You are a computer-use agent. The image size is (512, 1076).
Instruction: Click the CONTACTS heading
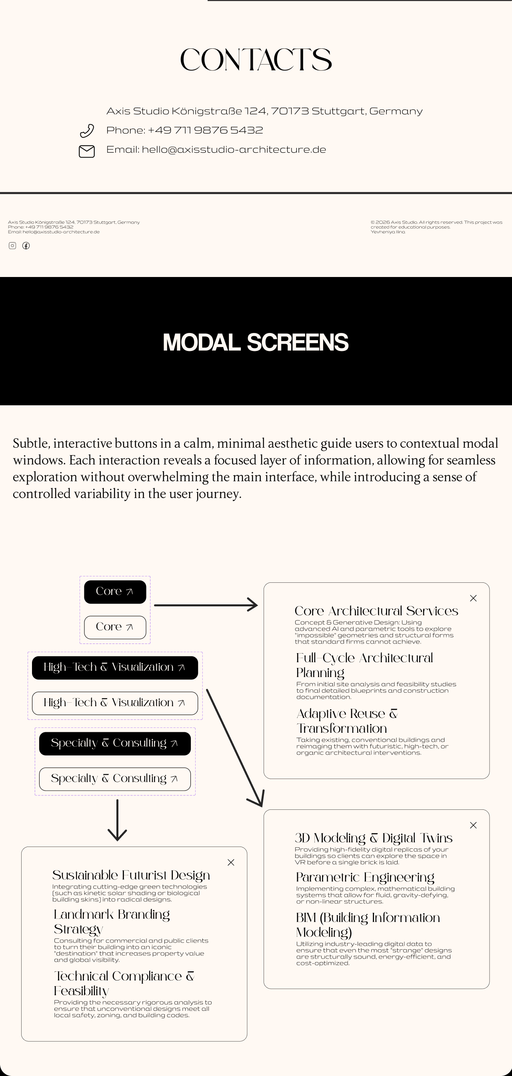[256, 60]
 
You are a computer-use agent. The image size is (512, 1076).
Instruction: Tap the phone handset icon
[87, 131]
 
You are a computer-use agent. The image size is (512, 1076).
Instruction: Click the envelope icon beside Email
[87, 151]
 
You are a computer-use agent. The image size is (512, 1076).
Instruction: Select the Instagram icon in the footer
[12, 245]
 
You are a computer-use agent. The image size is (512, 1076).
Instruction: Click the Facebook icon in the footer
[26, 245]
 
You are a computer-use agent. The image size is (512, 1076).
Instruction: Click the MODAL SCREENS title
[255, 342]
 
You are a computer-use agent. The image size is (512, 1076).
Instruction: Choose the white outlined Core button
[115, 627]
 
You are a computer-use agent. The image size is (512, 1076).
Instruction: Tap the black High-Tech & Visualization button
[115, 668]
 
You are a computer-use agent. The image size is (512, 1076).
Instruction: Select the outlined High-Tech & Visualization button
[115, 703]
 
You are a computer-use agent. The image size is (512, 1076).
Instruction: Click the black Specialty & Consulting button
[115, 743]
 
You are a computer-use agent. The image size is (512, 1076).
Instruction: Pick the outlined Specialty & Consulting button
[115, 779]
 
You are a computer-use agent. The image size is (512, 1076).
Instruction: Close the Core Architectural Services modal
[473, 598]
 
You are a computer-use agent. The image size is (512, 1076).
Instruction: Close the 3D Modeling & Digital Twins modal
[473, 825]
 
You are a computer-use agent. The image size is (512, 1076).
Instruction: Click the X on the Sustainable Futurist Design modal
[231, 862]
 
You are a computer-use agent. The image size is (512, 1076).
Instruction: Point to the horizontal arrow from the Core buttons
[206, 605]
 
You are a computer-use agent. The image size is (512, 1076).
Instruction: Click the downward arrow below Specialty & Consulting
[117, 819]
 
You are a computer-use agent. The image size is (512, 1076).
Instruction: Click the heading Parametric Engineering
[365, 877]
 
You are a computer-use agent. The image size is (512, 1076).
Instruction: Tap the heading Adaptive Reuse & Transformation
[346, 721]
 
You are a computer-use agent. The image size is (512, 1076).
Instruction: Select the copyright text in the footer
[436, 227]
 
